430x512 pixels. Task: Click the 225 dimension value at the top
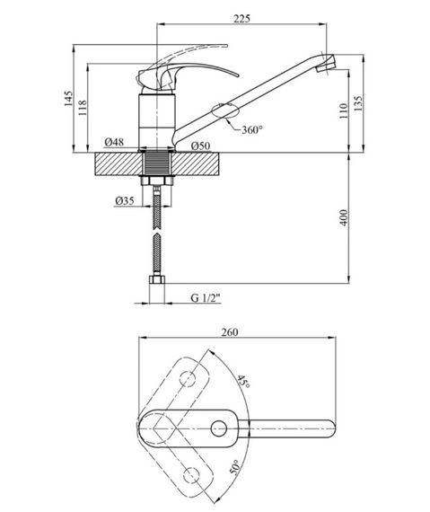tap(241, 19)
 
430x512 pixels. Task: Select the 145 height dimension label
tap(68, 98)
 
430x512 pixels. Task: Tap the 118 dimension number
tap(83, 108)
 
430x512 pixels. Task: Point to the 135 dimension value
tap(358, 104)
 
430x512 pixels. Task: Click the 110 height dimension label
tap(343, 111)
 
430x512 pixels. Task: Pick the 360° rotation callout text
tap(252, 130)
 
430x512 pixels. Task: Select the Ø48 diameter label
tap(114, 142)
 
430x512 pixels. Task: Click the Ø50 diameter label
tap(201, 146)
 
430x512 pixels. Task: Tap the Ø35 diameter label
tap(125, 200)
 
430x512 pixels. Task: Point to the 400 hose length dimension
tap(344, 217)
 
